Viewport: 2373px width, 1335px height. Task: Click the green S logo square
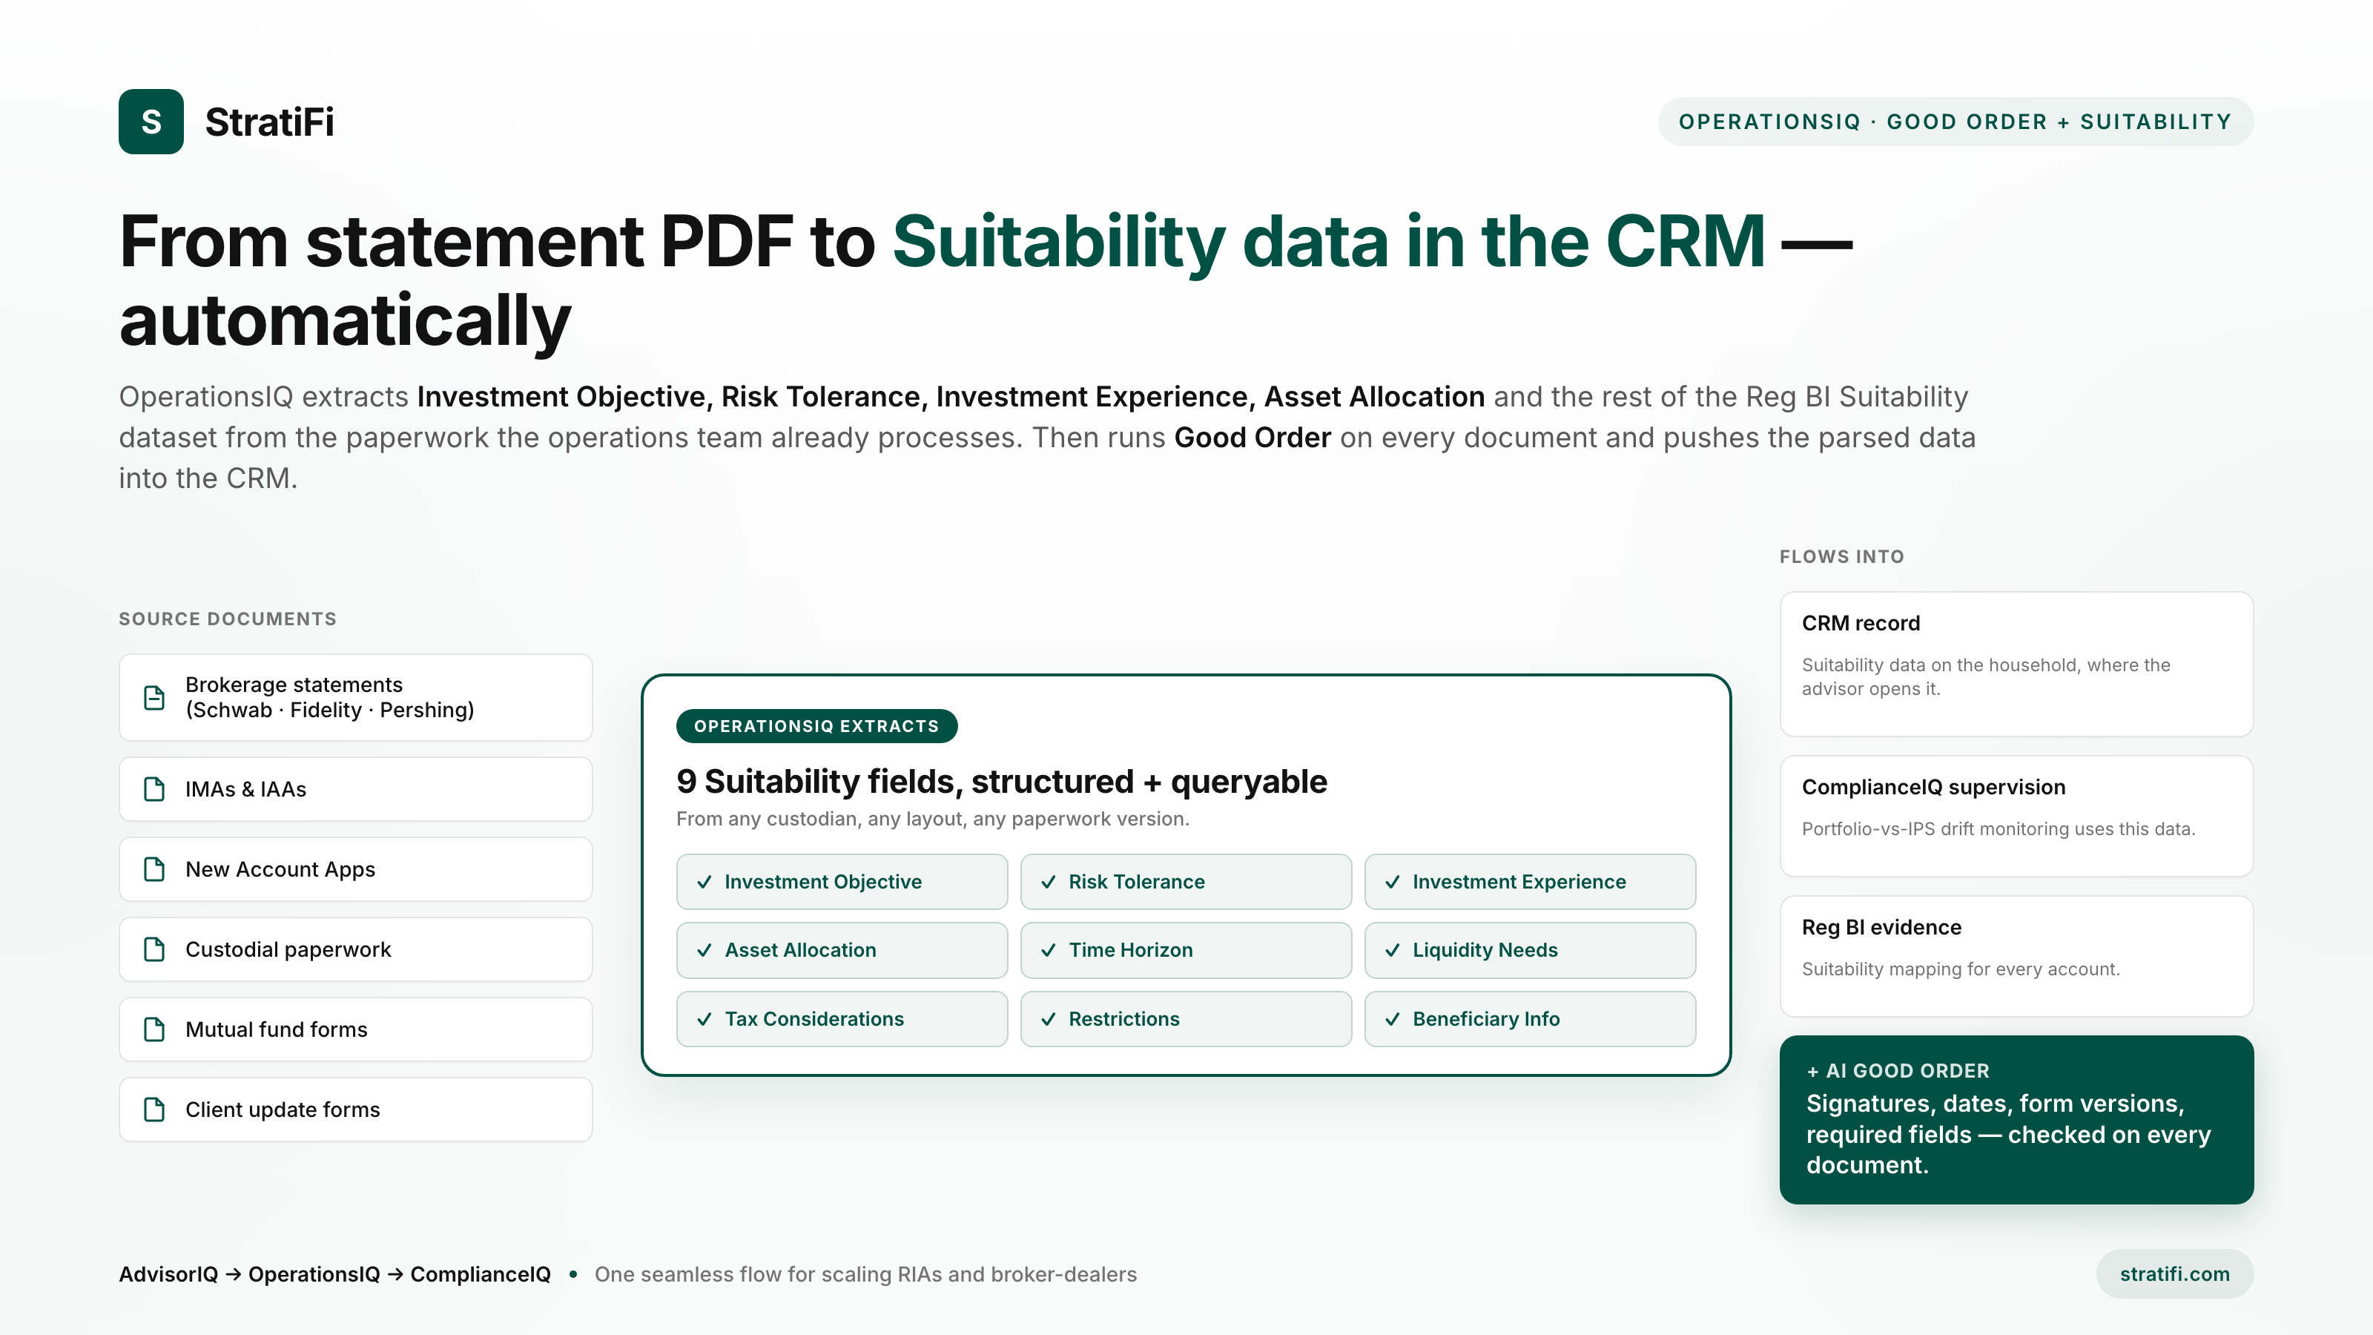(151, 122)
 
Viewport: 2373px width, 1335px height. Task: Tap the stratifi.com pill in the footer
(2174, 1273)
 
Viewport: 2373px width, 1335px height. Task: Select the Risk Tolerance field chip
(1186, 882)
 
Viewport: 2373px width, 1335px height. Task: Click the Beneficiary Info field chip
(1529, 1019)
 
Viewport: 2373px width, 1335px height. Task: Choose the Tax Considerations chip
(842, 1019)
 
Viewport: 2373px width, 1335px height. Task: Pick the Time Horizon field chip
(1186, 950)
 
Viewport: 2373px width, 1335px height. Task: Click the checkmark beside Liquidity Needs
(1392, 950)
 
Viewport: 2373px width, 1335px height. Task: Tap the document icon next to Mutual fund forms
(155, 1029)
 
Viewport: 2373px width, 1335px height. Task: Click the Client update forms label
(283, 1110)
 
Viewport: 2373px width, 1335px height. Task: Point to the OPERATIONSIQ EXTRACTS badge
(816, 726)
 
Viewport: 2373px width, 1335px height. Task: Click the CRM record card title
(1861, 623)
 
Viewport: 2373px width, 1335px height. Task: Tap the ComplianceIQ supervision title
(1933, 787)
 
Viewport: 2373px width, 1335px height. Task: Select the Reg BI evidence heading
(1881, 927)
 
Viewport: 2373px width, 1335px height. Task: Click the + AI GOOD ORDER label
(1898, 1070)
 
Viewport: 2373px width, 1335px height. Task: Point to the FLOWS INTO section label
(1841, 556)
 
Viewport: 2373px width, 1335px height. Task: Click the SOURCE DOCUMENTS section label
(228, 619)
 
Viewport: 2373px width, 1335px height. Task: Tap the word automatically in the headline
(346, 320)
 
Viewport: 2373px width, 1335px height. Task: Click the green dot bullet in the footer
(573, 1274)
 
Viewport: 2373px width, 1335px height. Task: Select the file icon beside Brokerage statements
(155, 697)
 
